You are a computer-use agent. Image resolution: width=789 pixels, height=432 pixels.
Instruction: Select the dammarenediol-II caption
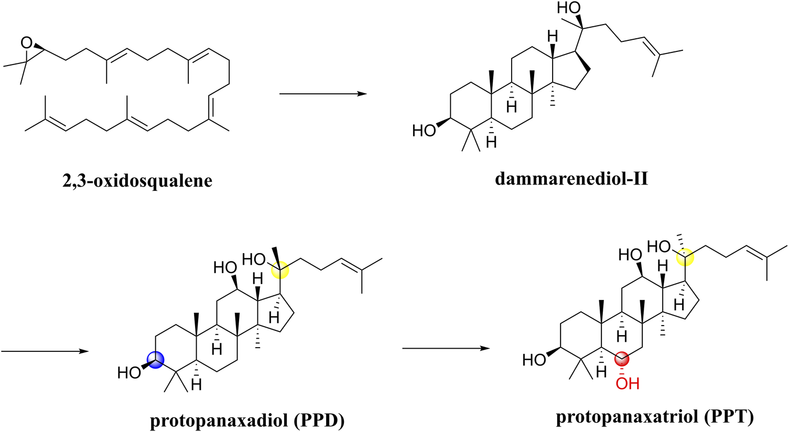point(571,179)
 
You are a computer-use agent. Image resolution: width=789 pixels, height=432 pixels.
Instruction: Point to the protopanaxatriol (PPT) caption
point(655,417)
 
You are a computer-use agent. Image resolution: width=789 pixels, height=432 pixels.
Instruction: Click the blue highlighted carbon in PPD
point(156,359)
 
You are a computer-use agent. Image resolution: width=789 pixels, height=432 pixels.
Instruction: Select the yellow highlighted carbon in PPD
point(279,270)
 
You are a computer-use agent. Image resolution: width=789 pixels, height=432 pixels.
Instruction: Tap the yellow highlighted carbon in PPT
point(685,257)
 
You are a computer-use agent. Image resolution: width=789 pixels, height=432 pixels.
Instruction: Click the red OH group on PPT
point(627,384)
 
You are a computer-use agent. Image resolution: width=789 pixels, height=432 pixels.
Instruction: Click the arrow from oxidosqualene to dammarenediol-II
point(322,94)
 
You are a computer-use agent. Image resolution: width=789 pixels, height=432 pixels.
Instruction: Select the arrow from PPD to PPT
point(446,348)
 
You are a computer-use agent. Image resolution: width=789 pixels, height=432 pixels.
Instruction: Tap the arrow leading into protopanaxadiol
point(45,351)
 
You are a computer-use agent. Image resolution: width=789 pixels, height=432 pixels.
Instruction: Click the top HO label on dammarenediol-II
point(569,9)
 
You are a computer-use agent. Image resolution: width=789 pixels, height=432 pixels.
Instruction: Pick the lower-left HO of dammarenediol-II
point(424,131)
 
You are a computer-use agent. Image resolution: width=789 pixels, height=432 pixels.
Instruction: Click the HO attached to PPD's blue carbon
point(129,373)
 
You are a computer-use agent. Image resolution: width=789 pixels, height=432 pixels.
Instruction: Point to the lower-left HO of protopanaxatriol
point(535,360)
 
